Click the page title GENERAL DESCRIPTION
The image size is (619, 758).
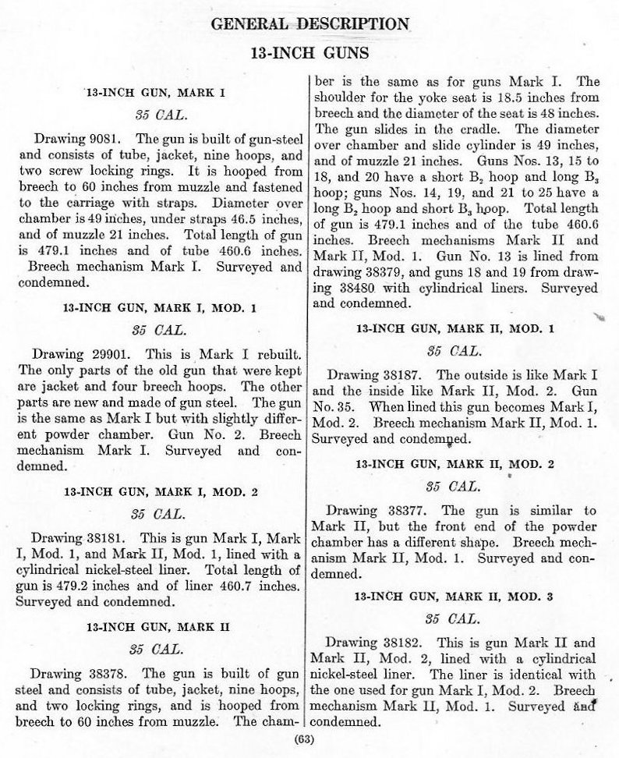pos(309,23)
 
